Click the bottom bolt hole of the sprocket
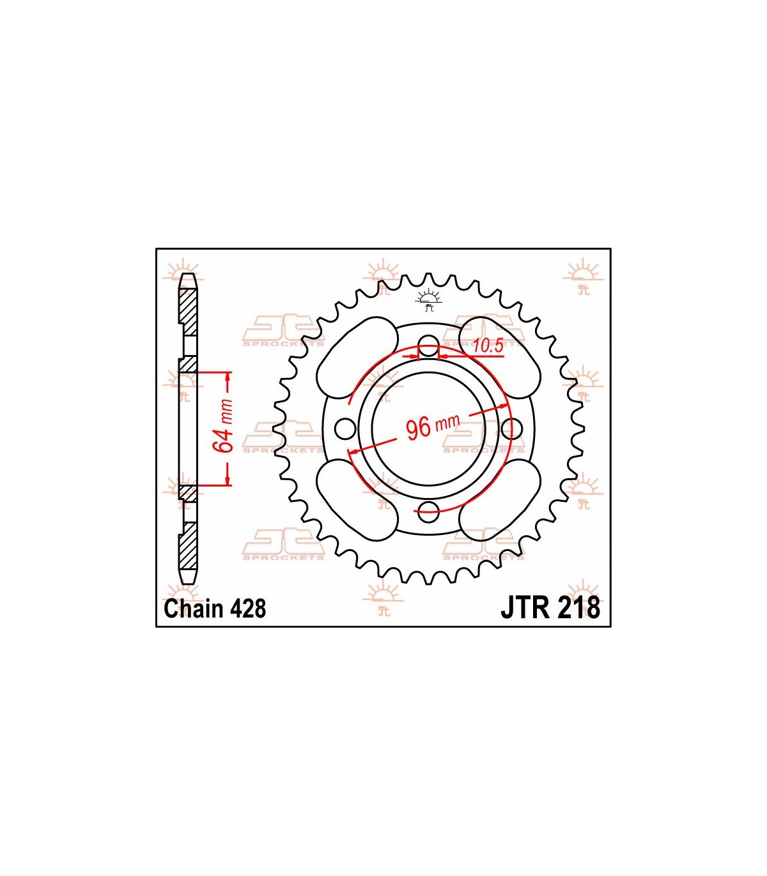point(428,511)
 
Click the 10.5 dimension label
point(488,346)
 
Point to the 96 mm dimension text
point(433,427)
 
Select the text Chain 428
point(215,608)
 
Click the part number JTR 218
point(550,608)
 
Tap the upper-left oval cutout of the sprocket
point(357,358)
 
